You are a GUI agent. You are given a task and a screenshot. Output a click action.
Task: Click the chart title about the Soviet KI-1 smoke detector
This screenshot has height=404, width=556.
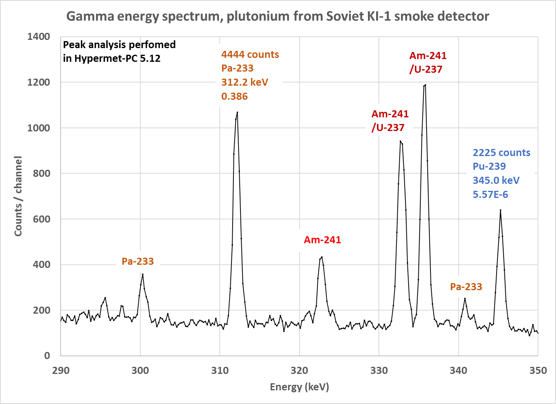pyautogui.click(x=278, y=16)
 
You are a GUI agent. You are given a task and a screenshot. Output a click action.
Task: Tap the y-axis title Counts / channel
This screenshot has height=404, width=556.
pyautogui.click(x=18, y=196)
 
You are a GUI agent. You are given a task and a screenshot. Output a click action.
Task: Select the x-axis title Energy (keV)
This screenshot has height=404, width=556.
pyautogui.click(x=300, y=387)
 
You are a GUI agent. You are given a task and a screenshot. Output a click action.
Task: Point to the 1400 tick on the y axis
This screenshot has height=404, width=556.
pyautogui.click(x=39, y=37)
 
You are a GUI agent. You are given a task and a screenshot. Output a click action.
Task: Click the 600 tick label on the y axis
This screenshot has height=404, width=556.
pyautogui.click(x=41, y=219)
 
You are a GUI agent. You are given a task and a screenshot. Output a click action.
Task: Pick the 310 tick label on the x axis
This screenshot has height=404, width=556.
pyautogui.click(x=220, y=371)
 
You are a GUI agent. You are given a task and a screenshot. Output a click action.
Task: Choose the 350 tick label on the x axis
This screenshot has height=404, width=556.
pyautogui.click(x=538, y=371)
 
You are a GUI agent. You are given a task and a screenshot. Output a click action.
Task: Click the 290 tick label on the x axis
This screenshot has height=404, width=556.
pyautogui.click(x=61, y=371)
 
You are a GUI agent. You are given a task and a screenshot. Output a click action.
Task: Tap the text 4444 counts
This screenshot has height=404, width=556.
pyautogui.click(x=250, y=54)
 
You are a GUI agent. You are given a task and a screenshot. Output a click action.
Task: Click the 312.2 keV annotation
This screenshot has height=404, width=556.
pyautogui.click(x=245, y=82)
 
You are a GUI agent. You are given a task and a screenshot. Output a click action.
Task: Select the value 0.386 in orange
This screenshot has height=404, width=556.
pyautogui.click(x=235, y=96)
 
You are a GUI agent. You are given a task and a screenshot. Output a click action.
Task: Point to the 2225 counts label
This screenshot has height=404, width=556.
pyautogui.click(x=502, y=153)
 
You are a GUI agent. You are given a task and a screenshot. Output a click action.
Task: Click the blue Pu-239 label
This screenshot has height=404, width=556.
pyautogui.click(x=489, y=166)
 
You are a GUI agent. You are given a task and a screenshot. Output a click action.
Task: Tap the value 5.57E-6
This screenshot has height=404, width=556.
pyautogui.click(x=490, y=194)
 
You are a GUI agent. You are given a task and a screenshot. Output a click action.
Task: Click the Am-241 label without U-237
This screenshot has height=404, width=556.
pyautogui.click(x=322, y=240)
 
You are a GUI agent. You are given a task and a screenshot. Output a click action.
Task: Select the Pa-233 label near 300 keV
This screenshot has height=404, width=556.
pyautogui.click(x=138, y=261)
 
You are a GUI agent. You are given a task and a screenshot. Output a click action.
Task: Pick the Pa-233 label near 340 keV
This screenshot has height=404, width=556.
pyautogui.click(x=466, y=287)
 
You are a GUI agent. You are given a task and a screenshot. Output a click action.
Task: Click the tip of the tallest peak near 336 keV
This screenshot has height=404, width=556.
pyautogui.click(x=425, y=84)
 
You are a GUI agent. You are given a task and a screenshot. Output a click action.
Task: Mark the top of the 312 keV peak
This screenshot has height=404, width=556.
pyautogui.click(x=237, y=112)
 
